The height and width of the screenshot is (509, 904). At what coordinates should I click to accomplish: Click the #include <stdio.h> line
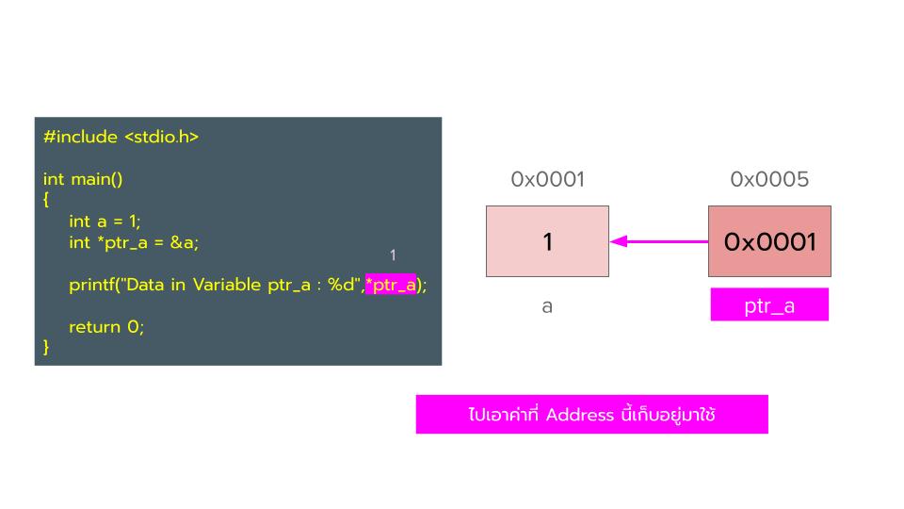click(x=121, y=137)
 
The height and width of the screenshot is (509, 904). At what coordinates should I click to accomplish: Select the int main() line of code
click(x=83, y=178)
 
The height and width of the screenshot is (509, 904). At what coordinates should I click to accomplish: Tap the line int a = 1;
click(x=105, y=221)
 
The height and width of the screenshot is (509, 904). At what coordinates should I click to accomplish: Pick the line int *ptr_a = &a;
click(x=134, y=242)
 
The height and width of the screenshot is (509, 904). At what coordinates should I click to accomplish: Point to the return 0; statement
click(x=106, y=327)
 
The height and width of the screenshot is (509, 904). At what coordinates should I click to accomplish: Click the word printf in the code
click(x=92, y=285)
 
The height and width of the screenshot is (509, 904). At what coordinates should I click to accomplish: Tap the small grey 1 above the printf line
click(x=393, y=254)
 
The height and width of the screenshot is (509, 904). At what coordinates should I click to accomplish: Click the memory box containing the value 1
click(x=547, y=241)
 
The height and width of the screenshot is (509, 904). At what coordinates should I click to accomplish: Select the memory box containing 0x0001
click(x=769, y=241)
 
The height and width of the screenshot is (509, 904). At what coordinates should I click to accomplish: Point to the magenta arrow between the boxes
click(x=658, y=241)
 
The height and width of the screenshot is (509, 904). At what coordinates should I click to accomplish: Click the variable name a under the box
click(x=547, y=306)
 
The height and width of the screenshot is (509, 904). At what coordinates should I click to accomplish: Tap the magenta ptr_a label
click(x=769, y=305)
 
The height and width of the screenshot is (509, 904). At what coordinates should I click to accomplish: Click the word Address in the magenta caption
click(x=580, y=415)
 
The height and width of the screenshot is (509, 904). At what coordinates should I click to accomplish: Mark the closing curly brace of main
click(x=46, y=347)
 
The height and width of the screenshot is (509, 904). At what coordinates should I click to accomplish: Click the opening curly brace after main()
click(x=46, y=199)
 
